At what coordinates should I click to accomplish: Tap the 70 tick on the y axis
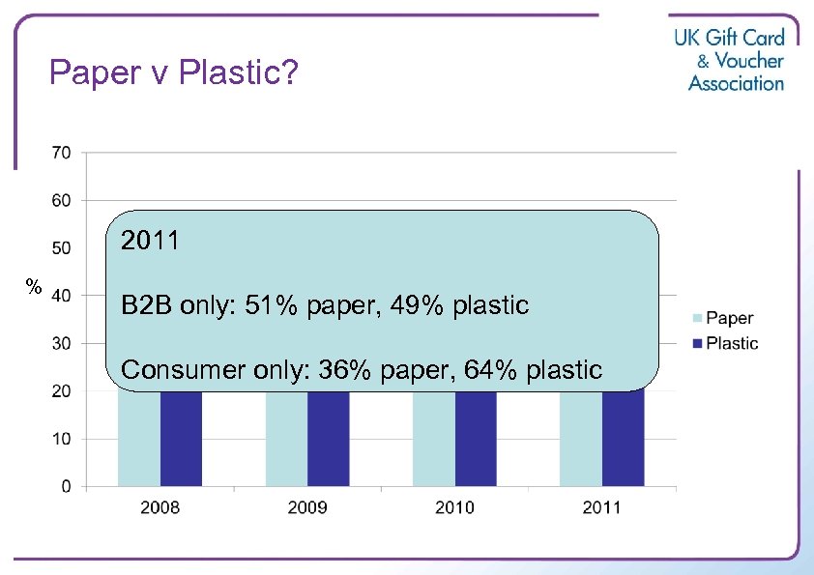pos(61,152)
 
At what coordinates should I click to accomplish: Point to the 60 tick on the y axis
pos(61,200)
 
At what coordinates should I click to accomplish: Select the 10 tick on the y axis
pos(61,439)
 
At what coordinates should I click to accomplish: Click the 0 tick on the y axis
pos(66,486)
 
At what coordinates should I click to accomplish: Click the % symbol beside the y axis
pos(34,286)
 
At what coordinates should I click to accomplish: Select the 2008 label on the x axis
pos(160,507)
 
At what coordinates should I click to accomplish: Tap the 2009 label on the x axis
pos(307,507)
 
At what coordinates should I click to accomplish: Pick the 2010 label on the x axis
pos(454,507)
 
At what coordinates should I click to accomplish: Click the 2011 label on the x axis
pos(601,507)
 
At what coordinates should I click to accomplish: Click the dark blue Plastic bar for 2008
pos(181,440)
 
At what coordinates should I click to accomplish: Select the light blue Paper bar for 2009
pos(286,440)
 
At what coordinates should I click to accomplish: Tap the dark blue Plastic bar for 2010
pos(476,440)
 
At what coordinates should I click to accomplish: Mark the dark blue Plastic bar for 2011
pos(623,440)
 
